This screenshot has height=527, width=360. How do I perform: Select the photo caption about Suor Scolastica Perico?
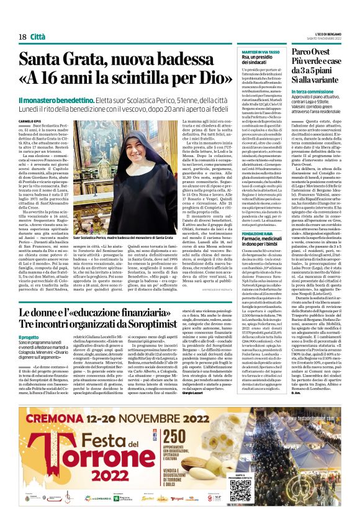pyautogui.click(x=123, y=238)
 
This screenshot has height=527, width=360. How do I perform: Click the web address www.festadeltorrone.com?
pyautogui.click(x=317, y=400)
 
